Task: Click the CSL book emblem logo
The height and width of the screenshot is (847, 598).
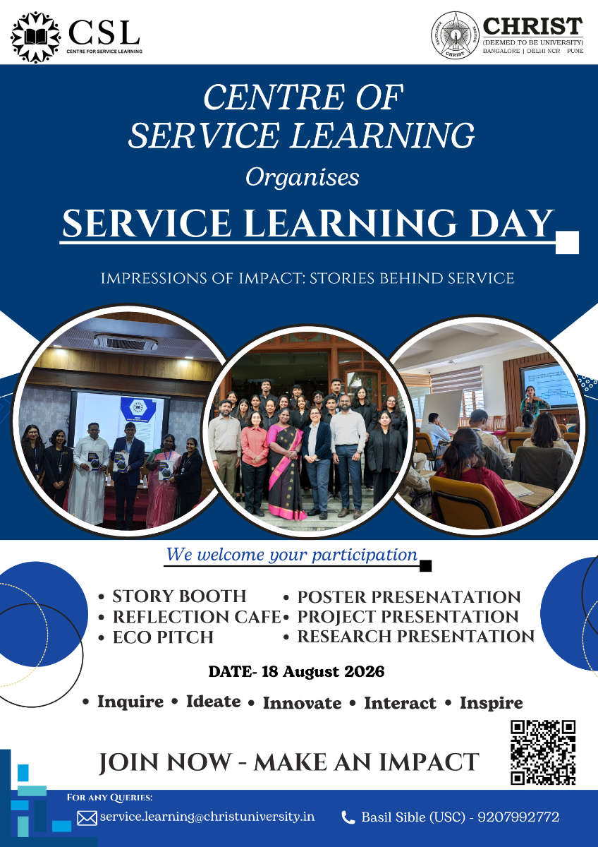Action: tap(35, 37)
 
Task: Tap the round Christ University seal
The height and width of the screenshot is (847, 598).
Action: tap(456, 35)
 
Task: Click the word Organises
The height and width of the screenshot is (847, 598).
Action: tap(303, 178)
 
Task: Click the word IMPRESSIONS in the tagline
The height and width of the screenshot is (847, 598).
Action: tap(153, 278)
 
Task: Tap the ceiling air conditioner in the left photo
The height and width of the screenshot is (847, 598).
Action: tap(126, 342)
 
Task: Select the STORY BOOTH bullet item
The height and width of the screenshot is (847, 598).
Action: tap(179, 596)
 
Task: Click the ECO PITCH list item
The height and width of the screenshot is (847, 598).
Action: tap(163, 637)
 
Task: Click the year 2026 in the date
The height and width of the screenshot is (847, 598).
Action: tap(364, 671)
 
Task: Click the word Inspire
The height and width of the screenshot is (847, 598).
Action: tap(491, 703)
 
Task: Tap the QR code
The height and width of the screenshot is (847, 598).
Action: tap(543, 752)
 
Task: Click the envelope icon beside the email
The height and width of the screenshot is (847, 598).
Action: tap(87, 818)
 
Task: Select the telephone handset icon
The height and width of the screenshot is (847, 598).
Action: tap(348, 817)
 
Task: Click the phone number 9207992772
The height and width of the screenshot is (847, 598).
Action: tap(518, 817)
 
